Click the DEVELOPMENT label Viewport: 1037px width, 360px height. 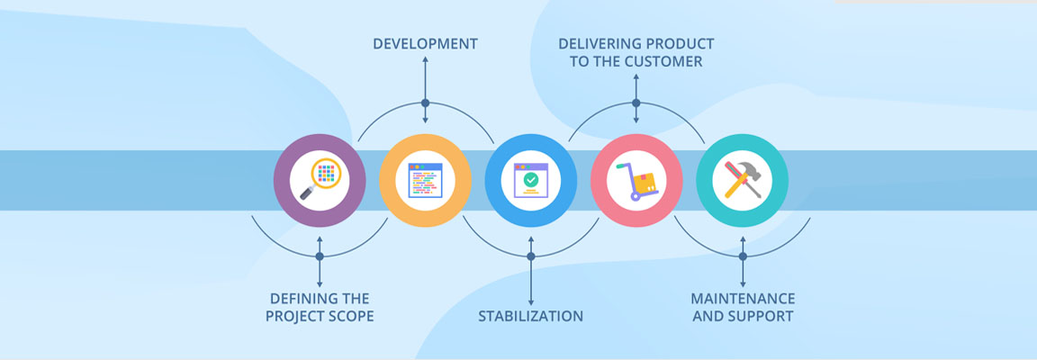425,44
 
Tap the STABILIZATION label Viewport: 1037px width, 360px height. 530,316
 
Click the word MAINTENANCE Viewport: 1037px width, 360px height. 743,299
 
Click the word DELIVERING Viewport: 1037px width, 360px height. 600,44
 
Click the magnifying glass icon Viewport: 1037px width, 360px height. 320,180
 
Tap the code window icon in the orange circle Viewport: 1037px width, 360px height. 425,180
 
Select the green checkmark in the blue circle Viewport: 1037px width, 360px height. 530,179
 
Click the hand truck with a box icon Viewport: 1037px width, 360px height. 636,180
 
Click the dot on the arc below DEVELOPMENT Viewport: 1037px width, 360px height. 425,103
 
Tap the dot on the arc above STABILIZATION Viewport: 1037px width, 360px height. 530,256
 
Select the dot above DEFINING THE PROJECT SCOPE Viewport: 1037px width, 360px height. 320,256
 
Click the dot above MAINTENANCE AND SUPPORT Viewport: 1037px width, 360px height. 743,256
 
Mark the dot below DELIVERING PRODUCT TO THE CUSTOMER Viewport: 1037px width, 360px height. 636,103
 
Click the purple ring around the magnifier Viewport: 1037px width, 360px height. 283,181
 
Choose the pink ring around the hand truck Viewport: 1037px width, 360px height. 600,181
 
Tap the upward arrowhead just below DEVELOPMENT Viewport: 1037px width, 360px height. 425,59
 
